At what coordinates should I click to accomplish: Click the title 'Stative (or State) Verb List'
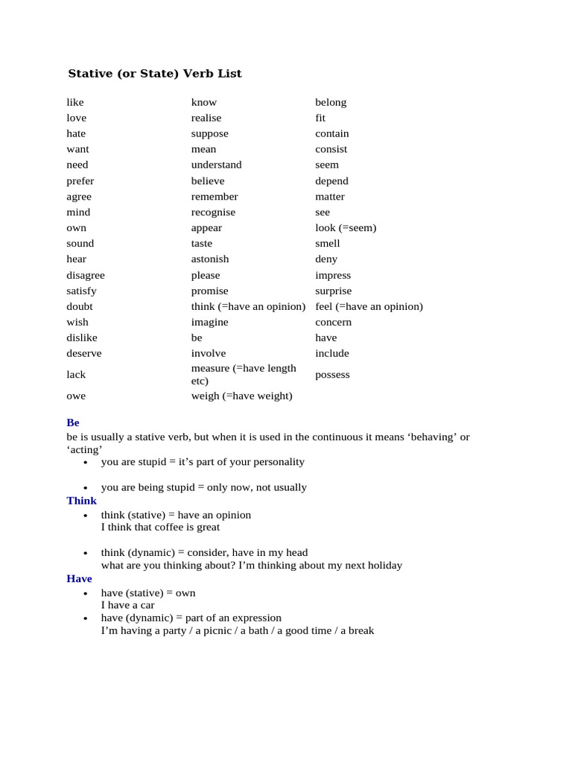155,74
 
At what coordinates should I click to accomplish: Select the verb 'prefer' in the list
80,181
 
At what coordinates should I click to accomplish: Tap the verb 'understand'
216,165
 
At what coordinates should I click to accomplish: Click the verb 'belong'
331,102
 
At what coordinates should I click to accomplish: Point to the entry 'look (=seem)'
346,228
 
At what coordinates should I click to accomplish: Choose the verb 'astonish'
210,259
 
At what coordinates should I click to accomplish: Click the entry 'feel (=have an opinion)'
369,306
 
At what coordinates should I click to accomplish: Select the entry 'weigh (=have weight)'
241,396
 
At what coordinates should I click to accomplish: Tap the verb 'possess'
332,374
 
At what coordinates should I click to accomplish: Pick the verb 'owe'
76,396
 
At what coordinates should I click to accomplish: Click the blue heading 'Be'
73,422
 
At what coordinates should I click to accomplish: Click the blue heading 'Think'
82,501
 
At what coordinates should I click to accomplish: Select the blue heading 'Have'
80,579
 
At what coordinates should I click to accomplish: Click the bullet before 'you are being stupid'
86,488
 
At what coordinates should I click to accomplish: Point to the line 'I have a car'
128,605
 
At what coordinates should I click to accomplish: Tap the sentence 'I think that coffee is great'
160,527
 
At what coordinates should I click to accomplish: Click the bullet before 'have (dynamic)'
86,618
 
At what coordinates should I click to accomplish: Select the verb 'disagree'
86,275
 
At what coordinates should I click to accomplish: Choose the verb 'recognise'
213,212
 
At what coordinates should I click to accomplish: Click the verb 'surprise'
334,291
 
